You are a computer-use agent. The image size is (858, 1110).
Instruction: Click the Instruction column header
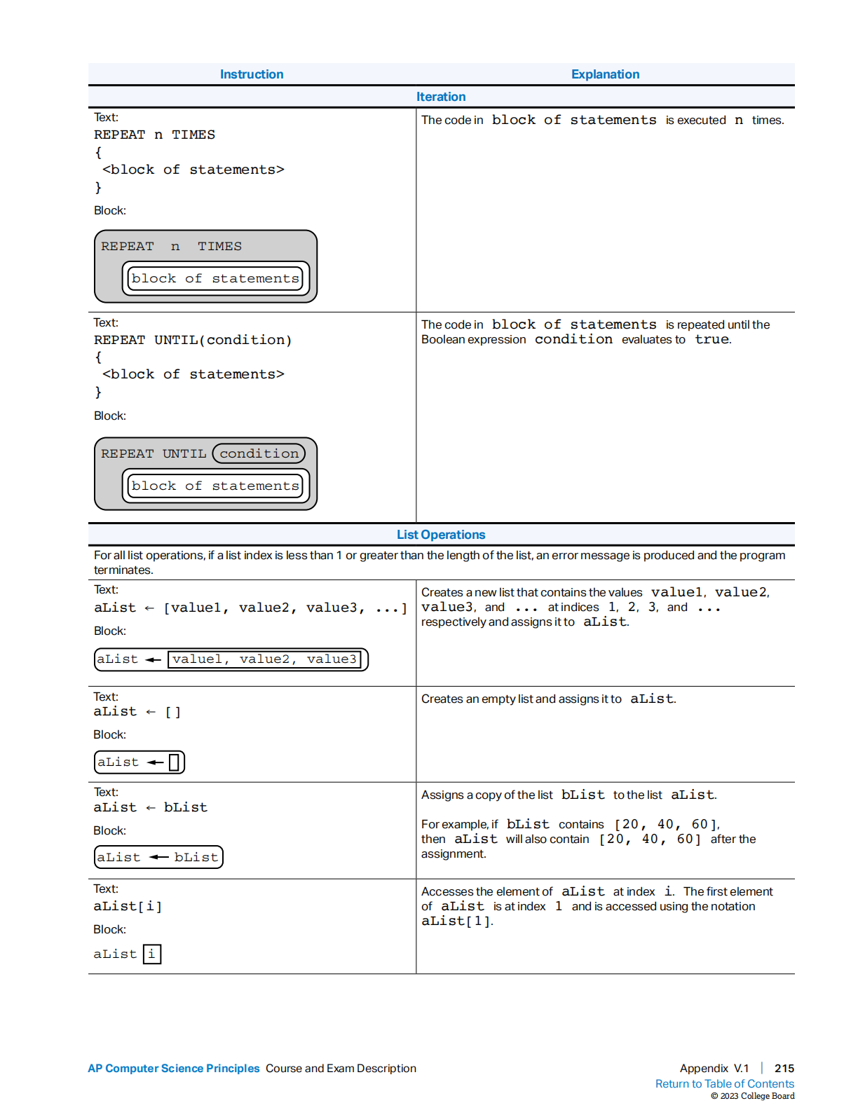tap(252, 74)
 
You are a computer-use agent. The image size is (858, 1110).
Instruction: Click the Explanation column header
tap(605, 74)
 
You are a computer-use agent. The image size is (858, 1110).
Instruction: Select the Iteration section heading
tap(441, 97)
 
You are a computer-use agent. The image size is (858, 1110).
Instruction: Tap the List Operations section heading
tap(441, 535)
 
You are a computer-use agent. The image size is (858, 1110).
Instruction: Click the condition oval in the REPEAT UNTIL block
tap(259, 453)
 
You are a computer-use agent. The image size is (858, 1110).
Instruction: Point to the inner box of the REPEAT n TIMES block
tap(215, 278)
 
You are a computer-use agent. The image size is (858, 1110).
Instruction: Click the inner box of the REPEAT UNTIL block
tap(215, 486)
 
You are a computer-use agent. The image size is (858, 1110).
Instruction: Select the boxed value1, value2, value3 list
tap(264, 659)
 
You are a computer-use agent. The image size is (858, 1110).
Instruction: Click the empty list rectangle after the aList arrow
tap(174, 762)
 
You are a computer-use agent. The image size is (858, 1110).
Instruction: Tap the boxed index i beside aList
tap(151, 954)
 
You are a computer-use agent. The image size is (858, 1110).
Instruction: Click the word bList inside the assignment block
tap(196, 857)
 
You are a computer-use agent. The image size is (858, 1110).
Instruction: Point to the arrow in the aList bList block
tap(159, 857)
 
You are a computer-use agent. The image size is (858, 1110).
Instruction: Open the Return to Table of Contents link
tap(724, 1083)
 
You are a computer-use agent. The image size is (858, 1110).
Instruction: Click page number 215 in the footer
tap(784, 1068)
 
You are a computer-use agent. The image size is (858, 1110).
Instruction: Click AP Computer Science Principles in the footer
tap(174, 1068)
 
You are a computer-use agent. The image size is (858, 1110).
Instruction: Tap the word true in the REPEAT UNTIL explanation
tap(712, 339)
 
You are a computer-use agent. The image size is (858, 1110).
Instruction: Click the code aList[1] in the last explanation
tap(456, 921)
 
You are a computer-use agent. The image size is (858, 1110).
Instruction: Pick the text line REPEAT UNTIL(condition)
tap(193, 340)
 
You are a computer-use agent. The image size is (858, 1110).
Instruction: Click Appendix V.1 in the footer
tap(714, 1068)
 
